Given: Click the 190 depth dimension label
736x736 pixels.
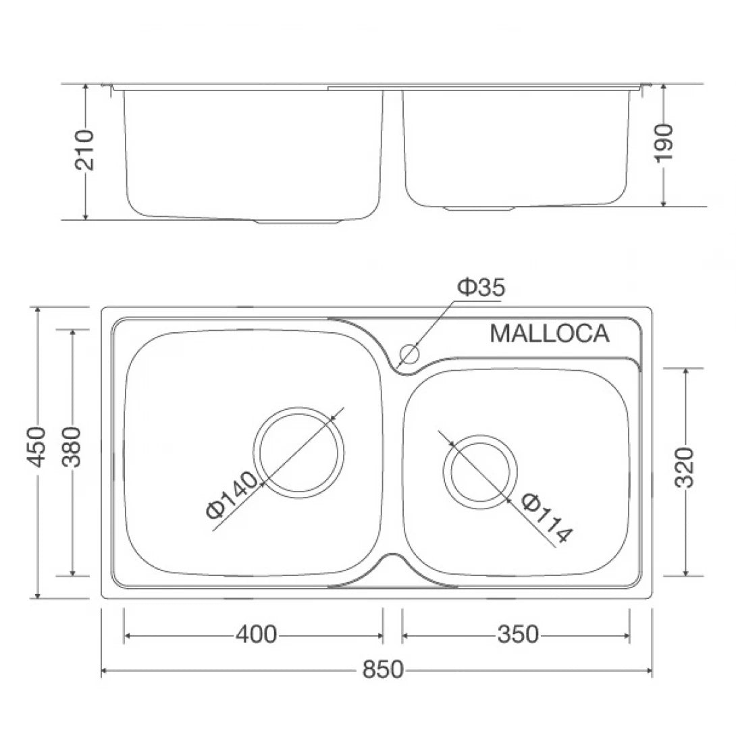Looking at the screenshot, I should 664,142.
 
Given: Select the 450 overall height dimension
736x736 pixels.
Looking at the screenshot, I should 38,446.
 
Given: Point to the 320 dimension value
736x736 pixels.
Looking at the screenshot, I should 685,467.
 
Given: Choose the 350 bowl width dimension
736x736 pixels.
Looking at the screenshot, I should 518,635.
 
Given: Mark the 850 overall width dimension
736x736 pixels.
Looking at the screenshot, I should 382,670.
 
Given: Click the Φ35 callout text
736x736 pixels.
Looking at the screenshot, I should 481,288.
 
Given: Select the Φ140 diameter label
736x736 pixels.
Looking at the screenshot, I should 232,496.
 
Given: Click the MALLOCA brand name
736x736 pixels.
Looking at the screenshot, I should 549,334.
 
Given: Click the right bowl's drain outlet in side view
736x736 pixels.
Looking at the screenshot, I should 480,208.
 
